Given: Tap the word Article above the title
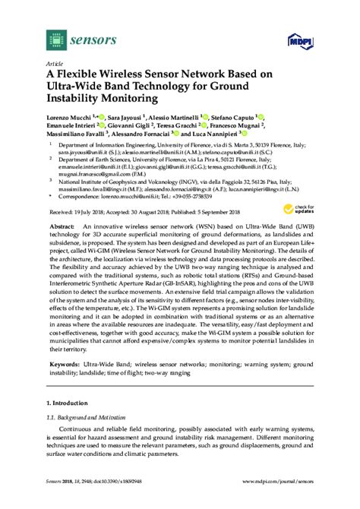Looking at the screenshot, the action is [55, 64].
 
